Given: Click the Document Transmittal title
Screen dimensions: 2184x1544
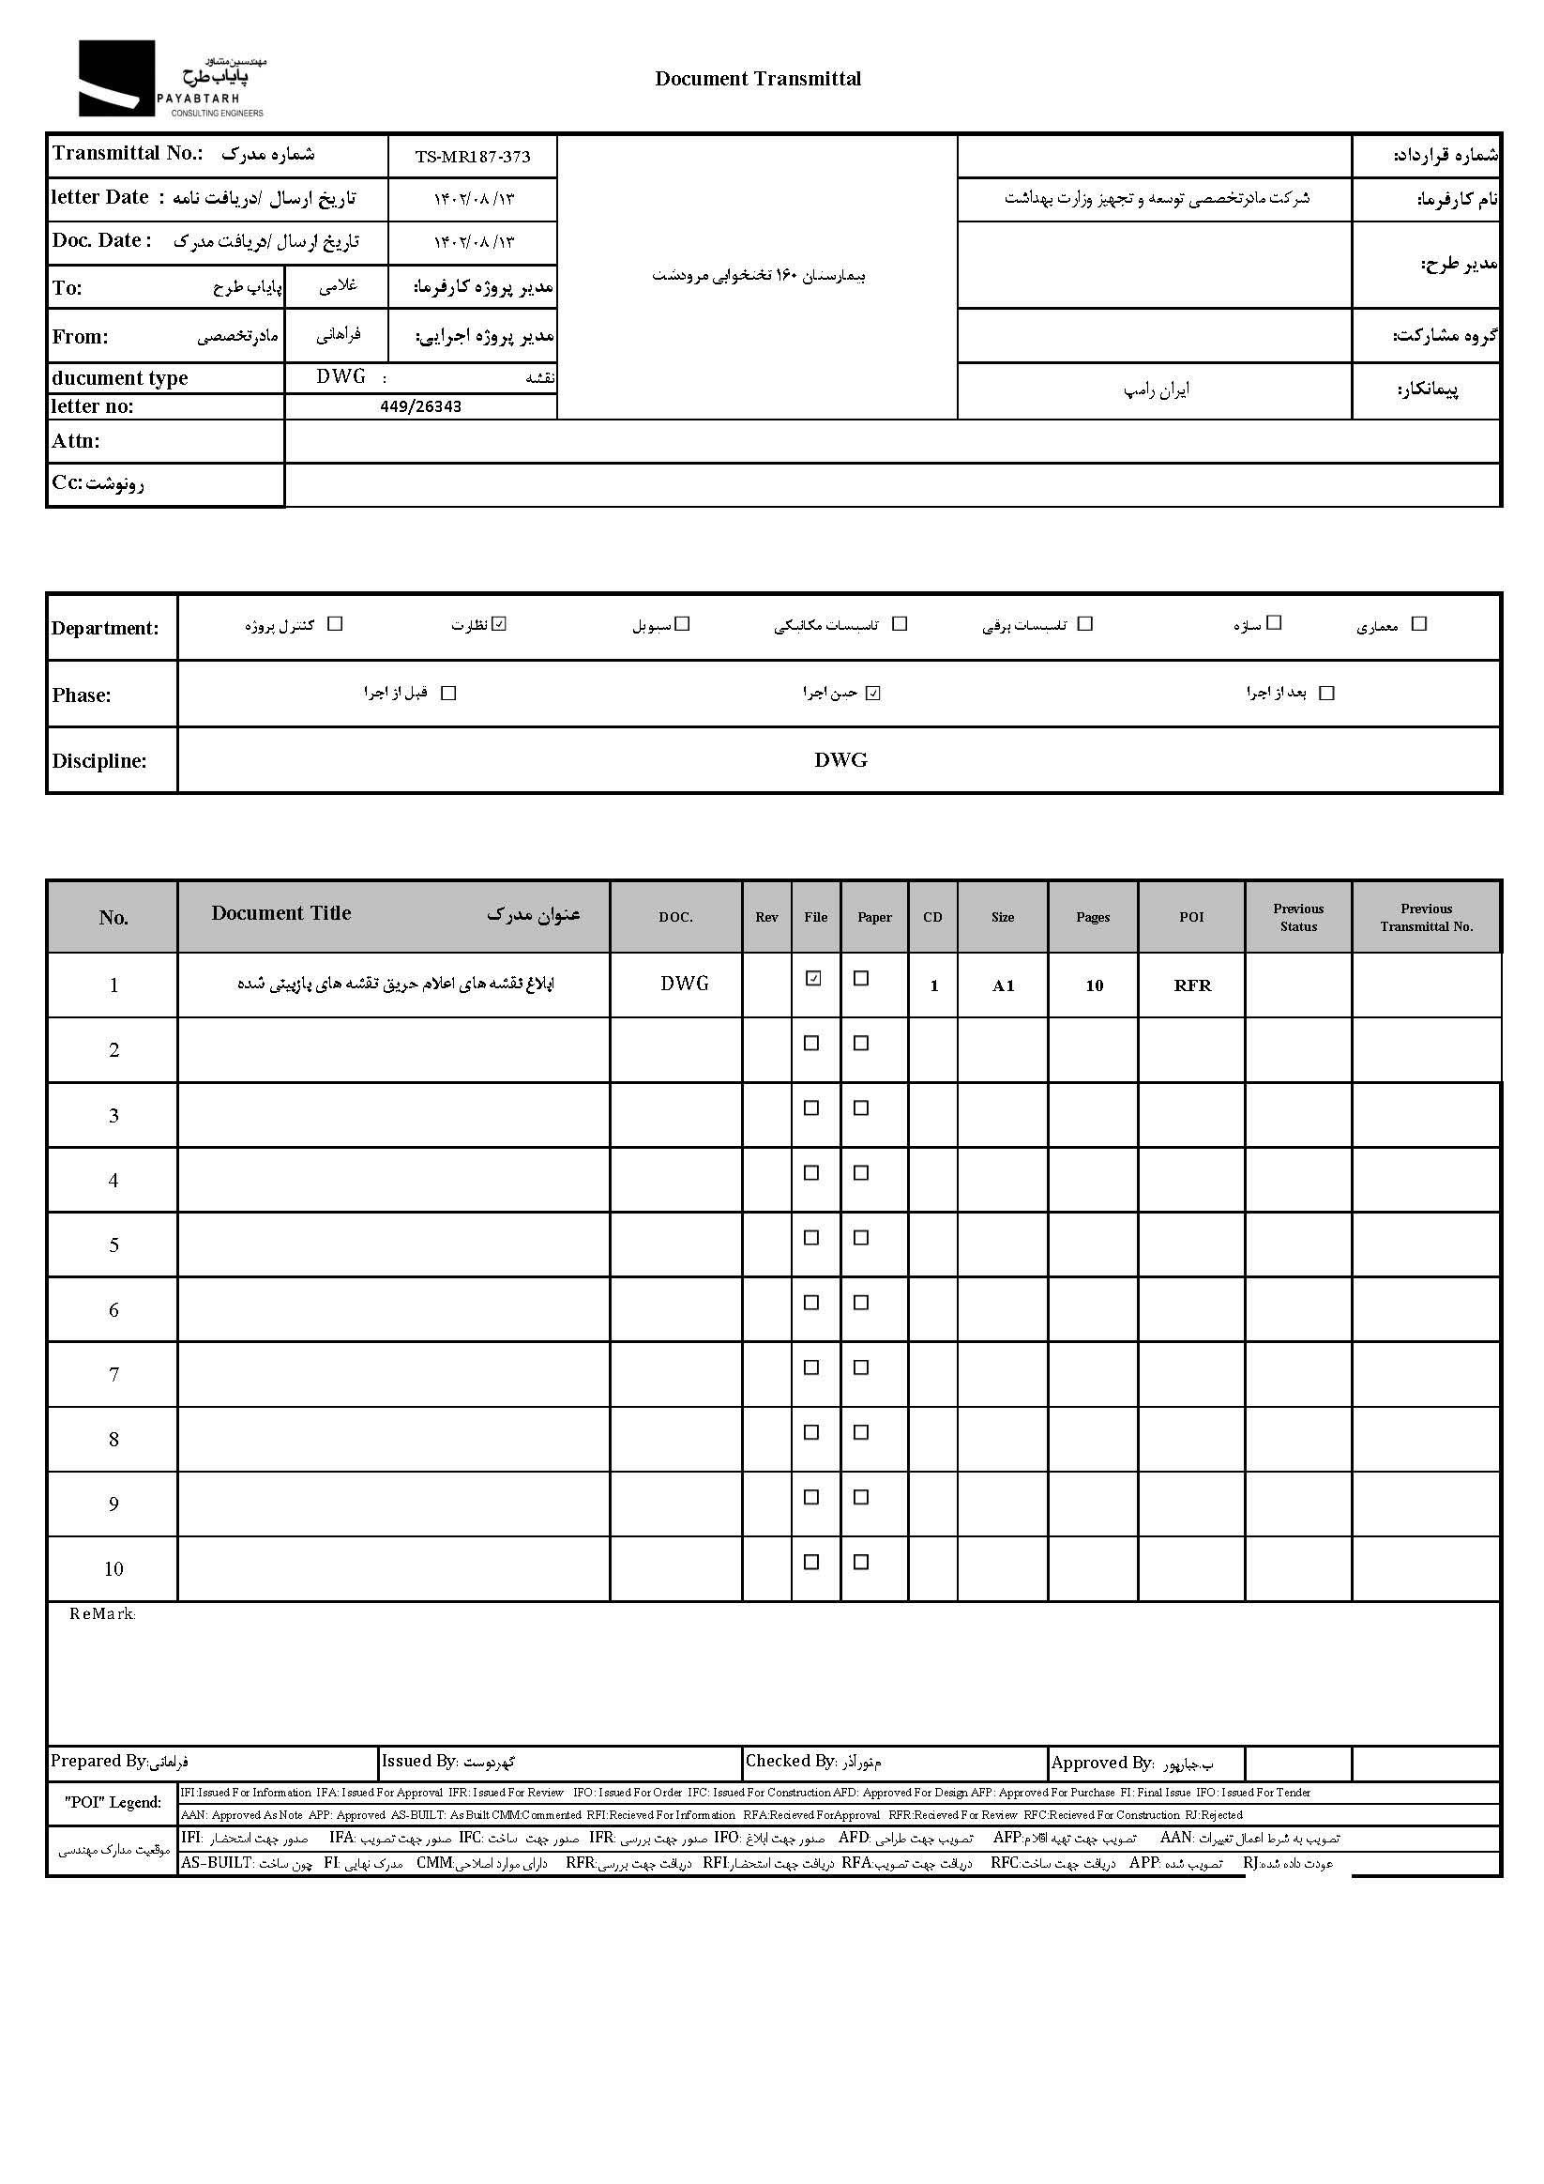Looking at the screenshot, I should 758,79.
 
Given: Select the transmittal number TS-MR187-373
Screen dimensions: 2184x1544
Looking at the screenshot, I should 473,157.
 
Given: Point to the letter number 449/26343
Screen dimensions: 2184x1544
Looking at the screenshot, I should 420,407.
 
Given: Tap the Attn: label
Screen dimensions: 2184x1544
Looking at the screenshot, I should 76,441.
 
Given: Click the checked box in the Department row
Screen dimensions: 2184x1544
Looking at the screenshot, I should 500,624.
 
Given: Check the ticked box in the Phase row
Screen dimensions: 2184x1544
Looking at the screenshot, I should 873,694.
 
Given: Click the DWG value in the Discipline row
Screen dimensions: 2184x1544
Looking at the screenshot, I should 840,760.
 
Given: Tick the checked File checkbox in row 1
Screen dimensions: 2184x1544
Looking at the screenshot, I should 813,978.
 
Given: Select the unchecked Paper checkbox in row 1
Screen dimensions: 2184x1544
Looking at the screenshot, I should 861,978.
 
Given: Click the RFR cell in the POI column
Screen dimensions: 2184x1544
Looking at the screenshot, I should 1192,985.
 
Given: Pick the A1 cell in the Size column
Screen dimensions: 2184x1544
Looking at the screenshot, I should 1003,985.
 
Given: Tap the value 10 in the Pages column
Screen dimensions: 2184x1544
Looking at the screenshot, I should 1094,985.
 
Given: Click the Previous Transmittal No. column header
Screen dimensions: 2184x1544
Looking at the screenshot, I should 1426,917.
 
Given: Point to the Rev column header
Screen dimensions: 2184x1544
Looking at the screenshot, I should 766,917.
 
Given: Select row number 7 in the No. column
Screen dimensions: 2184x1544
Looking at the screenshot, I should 114,1375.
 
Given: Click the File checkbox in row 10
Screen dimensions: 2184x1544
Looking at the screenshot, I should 811,1562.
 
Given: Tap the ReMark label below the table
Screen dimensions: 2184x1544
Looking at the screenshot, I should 102,1614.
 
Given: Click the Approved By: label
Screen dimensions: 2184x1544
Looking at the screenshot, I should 1102,1763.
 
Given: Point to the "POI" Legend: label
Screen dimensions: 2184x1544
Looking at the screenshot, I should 114,1803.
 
